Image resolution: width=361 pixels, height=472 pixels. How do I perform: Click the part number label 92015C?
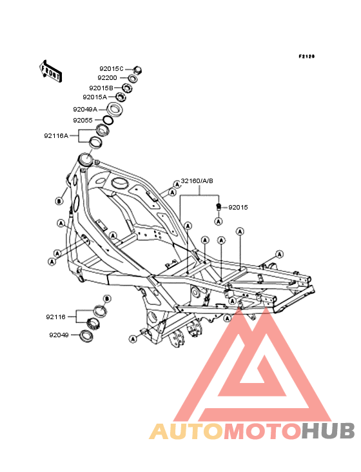[x=112, y=69]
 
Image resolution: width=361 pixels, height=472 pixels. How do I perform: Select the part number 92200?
[x=107, y=78]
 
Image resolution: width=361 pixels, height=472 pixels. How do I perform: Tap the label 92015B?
[x=101, y=88]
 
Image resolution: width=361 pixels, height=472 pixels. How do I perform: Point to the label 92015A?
[x=95, y=97]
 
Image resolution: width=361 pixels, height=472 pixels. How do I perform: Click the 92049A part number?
[x=85, y=109]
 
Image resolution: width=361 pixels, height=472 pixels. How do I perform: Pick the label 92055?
[x=83, y=121]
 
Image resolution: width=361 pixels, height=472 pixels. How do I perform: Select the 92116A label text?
[x=56, y=136]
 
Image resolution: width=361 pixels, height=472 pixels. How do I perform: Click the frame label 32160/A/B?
[x=197, y=181]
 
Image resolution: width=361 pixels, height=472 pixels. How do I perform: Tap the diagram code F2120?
[x=307, y=56]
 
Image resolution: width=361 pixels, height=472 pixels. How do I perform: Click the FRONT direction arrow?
[x=50, y=71]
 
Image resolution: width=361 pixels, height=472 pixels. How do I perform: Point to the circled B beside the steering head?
[x=59, y=201]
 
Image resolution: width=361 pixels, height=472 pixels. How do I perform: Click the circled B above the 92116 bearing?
[x=107, y=299]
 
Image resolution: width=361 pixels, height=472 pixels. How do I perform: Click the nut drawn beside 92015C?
[x=137, y=70]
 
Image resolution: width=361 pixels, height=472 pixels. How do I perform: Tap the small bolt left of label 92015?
[x=219, y=206]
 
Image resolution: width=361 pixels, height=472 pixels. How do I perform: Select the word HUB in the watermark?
[x=329, y=431]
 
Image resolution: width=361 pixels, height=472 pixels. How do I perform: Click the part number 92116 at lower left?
[x=55, y=317]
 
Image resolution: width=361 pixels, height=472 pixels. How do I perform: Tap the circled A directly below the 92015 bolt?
[x=219, y=222]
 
